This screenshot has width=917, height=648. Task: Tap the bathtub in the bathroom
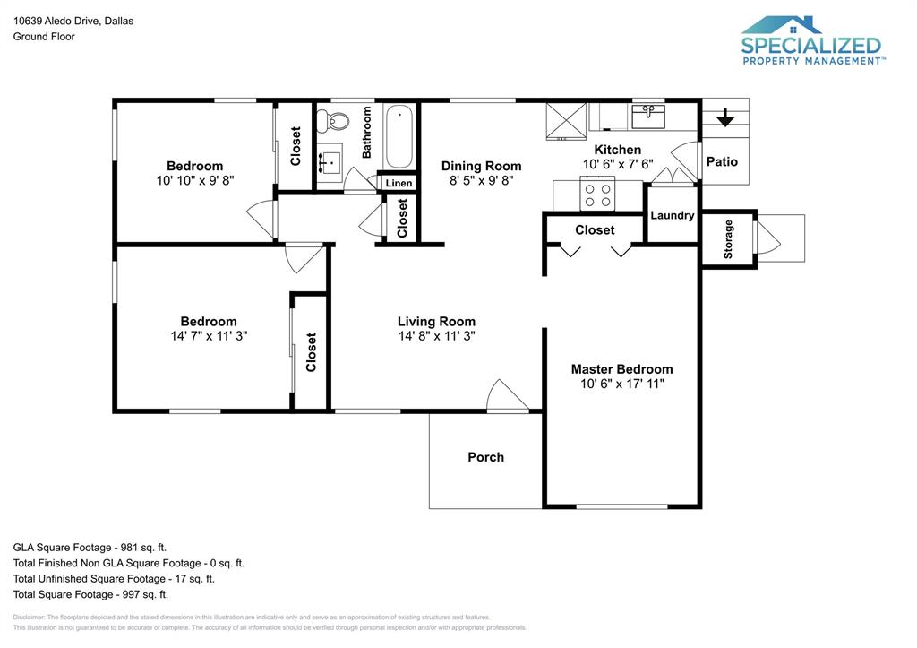399,136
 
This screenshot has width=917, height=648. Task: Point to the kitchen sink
647,116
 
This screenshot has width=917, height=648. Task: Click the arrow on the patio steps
724,117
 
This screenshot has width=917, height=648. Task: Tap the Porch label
485,457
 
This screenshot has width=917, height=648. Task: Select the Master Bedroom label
621,369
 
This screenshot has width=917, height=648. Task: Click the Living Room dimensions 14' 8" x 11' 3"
436,336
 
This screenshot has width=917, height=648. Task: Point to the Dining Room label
481,166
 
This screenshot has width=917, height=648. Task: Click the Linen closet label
399,183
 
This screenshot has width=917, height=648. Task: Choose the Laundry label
672,215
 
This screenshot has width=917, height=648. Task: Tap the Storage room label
728,238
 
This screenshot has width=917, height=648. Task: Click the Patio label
722,161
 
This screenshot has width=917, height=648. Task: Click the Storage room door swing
768,238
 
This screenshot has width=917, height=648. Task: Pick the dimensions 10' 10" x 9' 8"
194,180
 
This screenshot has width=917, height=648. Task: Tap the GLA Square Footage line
90,547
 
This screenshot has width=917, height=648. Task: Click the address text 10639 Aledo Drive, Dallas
73,21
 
